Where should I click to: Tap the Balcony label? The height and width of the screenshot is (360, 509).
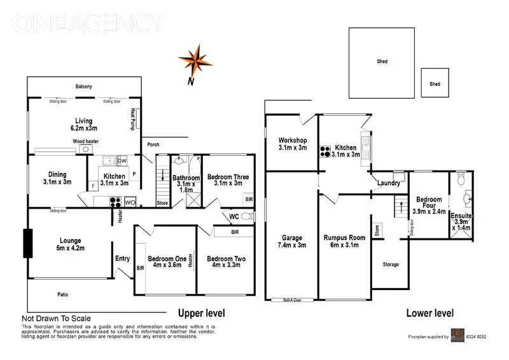pos(84,87)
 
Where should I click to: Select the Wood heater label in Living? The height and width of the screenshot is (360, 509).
pos(85,141)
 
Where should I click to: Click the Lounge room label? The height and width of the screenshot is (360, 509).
pos(70,240)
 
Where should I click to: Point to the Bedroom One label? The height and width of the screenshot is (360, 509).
pos(167,259)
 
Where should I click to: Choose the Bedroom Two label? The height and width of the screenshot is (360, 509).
pos(226,259)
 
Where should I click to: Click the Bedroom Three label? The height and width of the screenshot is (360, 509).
pos(228,177)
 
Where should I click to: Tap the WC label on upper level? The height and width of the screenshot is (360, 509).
pos(234,216)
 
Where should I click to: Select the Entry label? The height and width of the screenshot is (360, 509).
pos(122,258)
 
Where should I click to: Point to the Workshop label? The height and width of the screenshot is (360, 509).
pos(293,140)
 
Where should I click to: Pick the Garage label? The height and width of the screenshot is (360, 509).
pos(291,237)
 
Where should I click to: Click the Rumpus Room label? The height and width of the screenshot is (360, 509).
pos(344,237)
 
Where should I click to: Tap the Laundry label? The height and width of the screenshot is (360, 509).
pos(389,183)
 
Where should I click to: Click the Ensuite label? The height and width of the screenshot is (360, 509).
pos(461,215)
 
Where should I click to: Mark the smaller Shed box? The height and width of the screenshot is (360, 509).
pos(435,83)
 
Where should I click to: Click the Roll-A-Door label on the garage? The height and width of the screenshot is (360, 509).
pos(293,300)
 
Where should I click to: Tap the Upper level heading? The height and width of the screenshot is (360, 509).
pos(202,314)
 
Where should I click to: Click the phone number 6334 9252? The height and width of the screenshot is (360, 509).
pos(473,336)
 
